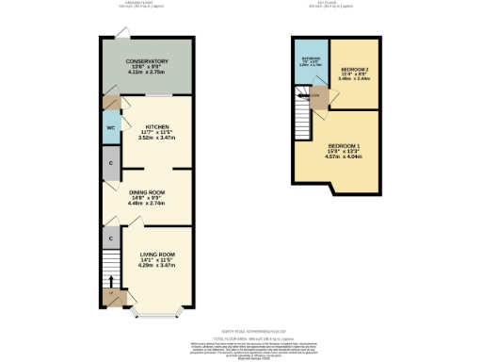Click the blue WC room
(110, 127)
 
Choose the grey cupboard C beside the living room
(110, 238)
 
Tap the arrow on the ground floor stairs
(110, 280)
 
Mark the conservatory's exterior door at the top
(121, 36)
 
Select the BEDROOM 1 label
(336, 146)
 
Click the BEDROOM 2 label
(354, 69)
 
